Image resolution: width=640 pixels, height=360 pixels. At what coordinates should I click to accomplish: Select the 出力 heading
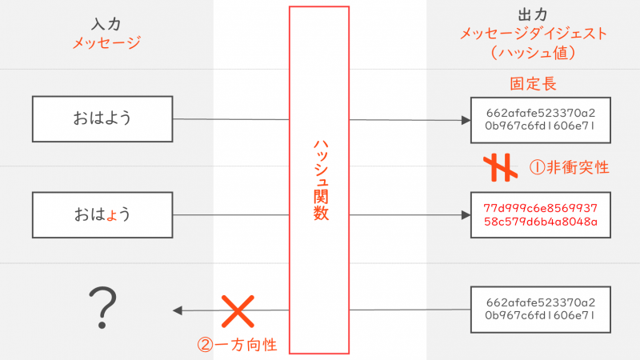pyautogui.click(x=533, y=15)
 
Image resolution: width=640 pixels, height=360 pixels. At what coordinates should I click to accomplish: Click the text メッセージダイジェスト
pyautogui.click(x=533, y=34)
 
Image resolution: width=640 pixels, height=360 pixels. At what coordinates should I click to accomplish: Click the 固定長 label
pyautogui.click(x=533, y=83)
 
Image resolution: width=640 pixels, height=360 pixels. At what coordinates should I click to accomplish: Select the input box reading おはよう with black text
pyautogui.click(x=102, y=119)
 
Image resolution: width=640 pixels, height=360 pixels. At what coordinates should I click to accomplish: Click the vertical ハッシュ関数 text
pyautogui.click(x=318, y=180)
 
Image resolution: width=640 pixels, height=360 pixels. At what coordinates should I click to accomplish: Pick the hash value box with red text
pyautogui.click(x=540, y=214)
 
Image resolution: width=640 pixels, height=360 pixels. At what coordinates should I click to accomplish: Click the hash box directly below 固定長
pyautogui.click(x=540, y=120)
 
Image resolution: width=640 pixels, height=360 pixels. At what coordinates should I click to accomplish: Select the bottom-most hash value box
pyautogui.click(x=540, y=310)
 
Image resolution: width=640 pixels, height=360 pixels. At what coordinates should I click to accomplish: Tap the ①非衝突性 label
pyautogui.click(x=570, y=167)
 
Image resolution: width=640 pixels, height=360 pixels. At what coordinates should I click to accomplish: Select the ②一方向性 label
pyautogui.click(x=238, y=345)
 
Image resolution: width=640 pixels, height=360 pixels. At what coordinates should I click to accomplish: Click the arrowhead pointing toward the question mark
pyautogui.click(x=177, y=310)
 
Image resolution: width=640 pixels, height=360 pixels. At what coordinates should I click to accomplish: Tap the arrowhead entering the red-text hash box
pyautogui.click(x=466, y=215)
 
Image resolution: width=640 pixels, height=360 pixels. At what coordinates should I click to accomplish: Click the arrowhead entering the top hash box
pyautogui.click(x=466, y=120)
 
